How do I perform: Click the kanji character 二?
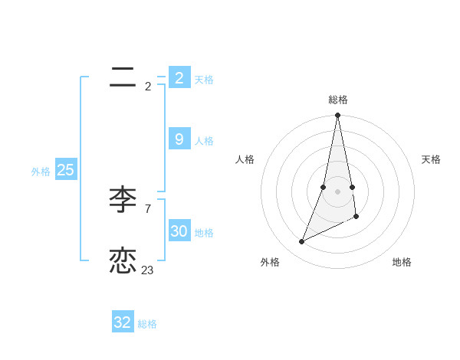point(123,77)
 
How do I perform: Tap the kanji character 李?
point(123,201)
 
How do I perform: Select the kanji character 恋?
point(123,260)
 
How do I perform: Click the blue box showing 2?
point(179,77)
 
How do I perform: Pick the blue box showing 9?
point(179,139)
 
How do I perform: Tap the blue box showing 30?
point(179,231)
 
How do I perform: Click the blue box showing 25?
point(66,170)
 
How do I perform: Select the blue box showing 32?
point(123,322)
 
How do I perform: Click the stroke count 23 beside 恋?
point(147,270)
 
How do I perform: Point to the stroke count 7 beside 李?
point(147,208)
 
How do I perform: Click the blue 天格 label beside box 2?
point(204,80)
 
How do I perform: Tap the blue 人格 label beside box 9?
point(204,141)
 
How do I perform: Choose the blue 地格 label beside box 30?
point(204,233)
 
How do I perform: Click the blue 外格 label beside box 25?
point(41,172)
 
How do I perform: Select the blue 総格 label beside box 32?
point(147,324)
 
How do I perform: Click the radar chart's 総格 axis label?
point(338,100)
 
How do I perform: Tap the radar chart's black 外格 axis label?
point(270,262)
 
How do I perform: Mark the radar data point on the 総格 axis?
point(338,116)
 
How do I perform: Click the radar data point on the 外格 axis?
point(302,242)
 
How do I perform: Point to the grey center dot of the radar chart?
point(338,191)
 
